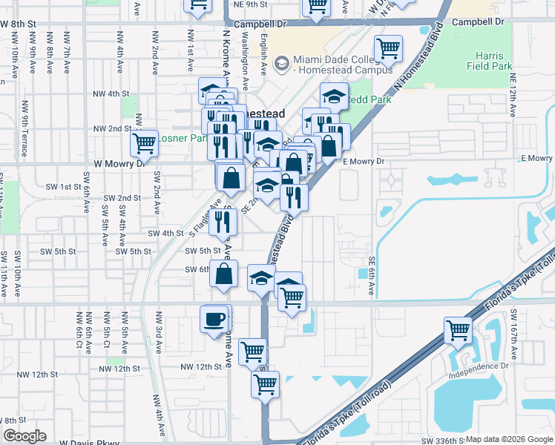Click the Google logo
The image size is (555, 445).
[26, 436]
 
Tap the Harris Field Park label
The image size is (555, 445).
[490, 61]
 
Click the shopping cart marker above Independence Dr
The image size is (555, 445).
[459, 330]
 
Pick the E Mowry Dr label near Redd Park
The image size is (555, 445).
[363, 161]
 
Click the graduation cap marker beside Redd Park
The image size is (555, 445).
[334, 96]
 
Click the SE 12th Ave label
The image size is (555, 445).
[512, 88]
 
